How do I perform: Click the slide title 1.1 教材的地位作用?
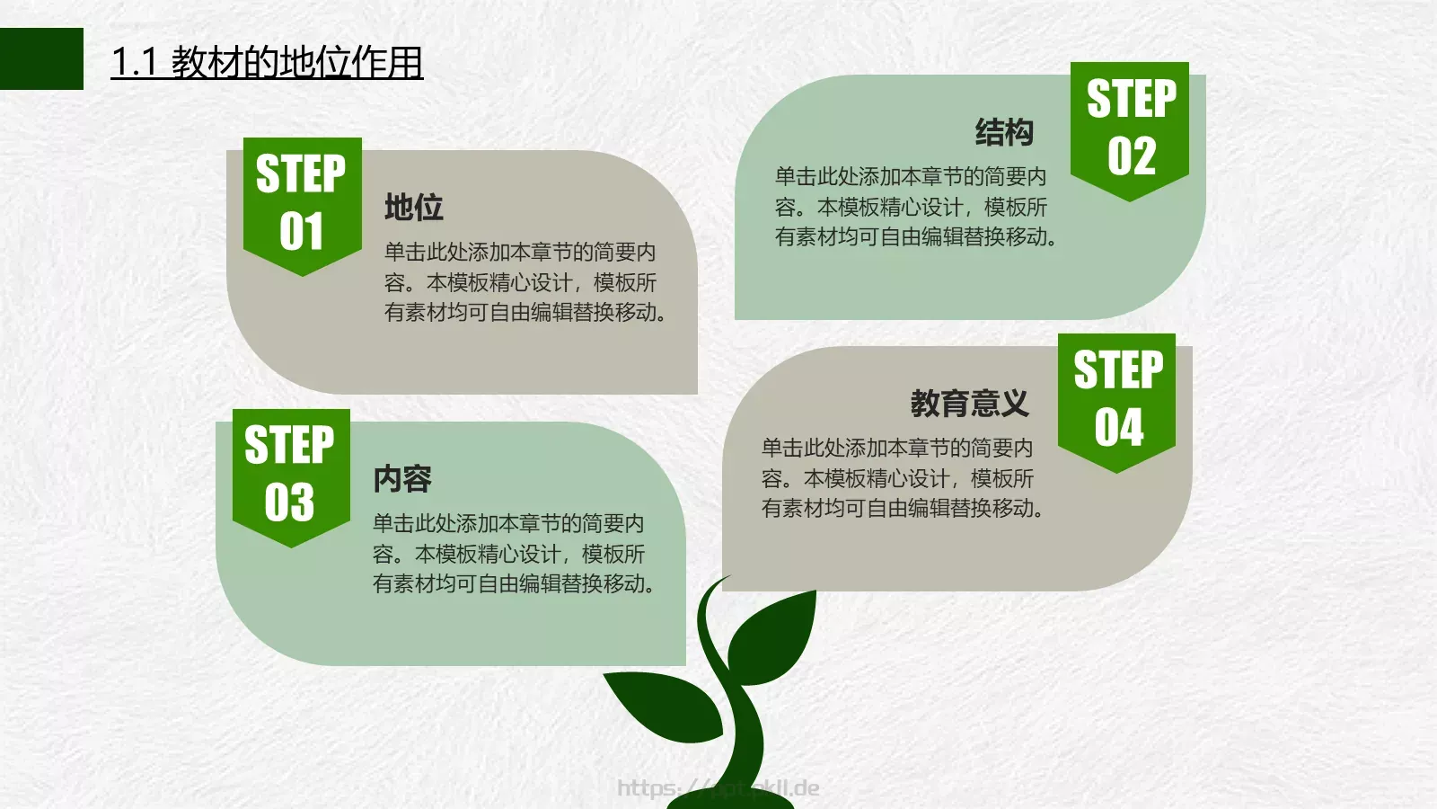pos(267,62)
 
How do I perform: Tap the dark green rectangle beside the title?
pos(41,58)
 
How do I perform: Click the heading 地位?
pos(414,208)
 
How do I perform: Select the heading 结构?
pos(1004,132)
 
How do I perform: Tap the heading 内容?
pos(402,479)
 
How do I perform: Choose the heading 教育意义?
pos(969,404)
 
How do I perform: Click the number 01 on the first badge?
pos(301,232)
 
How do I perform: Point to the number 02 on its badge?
pos(1131,156)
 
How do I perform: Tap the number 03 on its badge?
pos(289,502)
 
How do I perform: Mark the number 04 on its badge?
pos(1118,427)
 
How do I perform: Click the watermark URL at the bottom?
pos(718,788)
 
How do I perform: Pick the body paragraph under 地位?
pos(525,282)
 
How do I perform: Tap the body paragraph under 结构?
pos(914,207)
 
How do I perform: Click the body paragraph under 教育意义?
pos(901,478)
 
